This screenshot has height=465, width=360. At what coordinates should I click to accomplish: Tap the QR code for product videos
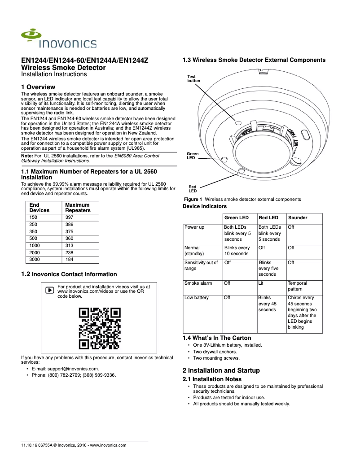coord(100,328)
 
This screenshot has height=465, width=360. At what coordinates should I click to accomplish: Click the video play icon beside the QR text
coord(49,290)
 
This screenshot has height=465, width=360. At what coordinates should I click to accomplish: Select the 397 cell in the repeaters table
coord(69,217)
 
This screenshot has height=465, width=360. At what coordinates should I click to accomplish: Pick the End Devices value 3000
coord(34,260)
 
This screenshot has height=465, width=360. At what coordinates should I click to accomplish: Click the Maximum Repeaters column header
coord(78,208)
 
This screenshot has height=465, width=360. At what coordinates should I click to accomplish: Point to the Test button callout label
coord(193,78)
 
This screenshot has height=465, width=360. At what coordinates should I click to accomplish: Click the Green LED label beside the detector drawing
coord(192,156)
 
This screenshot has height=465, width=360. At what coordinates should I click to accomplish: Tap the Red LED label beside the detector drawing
coord(192,189)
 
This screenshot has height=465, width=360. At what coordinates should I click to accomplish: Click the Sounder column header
coord(298,217)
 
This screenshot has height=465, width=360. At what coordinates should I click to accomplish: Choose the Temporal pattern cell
coord(298,286)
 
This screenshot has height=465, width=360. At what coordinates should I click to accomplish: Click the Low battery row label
coord(196,298)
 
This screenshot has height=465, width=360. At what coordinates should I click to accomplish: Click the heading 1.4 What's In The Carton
coord(217,338)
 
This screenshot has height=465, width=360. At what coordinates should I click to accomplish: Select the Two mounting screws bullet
coord(216,358)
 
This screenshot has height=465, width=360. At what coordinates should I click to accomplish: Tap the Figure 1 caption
coord(242,199)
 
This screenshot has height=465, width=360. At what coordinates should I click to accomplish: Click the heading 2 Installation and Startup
coord(221,370)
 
